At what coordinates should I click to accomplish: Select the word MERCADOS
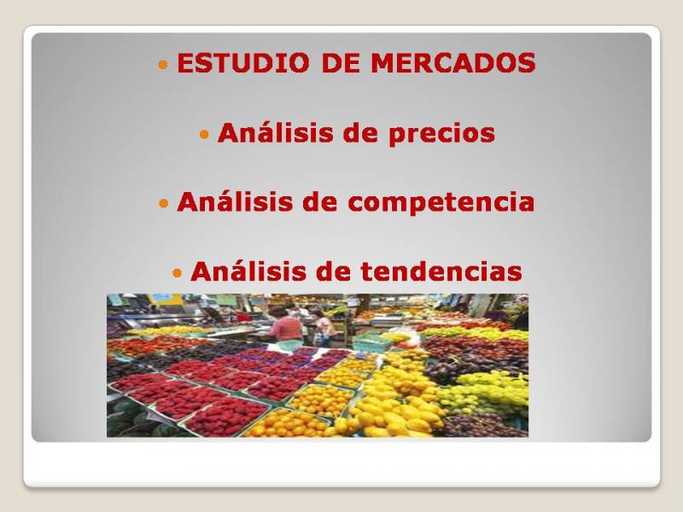click(453, 62)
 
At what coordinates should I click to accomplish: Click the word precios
click(441, 134)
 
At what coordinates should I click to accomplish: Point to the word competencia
click(441, 202)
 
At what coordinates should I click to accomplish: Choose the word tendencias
click(441, 271)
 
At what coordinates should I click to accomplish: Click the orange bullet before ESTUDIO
click(163, 65)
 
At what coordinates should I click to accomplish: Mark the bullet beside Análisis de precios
click(204, 134)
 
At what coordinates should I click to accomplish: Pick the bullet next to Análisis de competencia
click(163, 203)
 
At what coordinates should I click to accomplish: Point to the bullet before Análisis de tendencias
click(177, 272)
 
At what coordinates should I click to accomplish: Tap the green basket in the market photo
click(371, 340)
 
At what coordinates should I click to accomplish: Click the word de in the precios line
click(360, 132)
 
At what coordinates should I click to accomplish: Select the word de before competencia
click(320, 201)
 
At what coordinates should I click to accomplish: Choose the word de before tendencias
click(333, 271)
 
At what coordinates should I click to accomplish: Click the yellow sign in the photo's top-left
click(166, 300)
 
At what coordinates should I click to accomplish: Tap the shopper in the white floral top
click(323, 329)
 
